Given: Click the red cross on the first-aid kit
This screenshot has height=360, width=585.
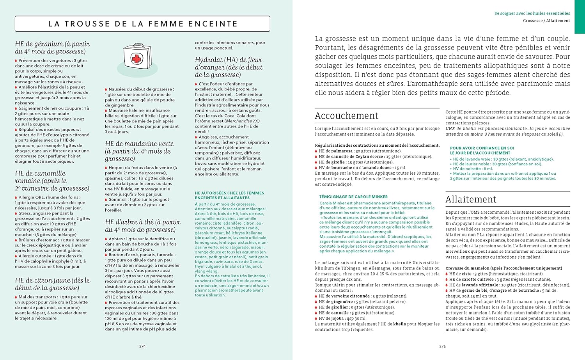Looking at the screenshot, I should tap(136, 59).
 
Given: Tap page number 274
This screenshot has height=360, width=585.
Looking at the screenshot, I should tap(142, 346).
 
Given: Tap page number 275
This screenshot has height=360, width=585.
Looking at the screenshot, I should tap(442, 346).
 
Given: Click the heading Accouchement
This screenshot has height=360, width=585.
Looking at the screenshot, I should tap(346, 116).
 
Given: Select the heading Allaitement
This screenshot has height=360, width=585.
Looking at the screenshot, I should tap(471, 199).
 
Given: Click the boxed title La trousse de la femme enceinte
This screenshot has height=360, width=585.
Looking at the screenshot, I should tap(142, 24).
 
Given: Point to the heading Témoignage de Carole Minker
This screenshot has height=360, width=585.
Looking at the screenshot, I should tap(353, 197).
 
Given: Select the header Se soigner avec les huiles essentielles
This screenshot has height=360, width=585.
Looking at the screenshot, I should tap(532, 13).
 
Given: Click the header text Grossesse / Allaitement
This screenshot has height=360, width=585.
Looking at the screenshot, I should tap(546, 21).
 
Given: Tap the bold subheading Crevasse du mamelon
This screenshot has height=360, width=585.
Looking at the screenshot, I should tap(503, 268).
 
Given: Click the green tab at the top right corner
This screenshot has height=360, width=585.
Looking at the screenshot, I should tap(580, 16).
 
